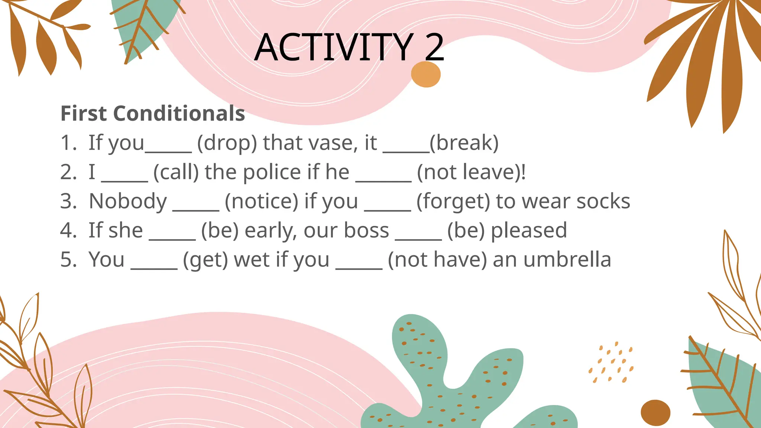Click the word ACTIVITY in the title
(x=334, y=48)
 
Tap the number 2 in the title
(x=434, y=48)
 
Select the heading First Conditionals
(x=153, y=113)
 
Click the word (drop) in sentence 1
(x=227, y=143)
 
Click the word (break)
(x=464, y=143)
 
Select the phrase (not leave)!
(x=471, y=172)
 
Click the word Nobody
(x=128, y=201)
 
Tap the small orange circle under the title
(x=426, y=74)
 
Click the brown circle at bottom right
(x=655, y=413)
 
